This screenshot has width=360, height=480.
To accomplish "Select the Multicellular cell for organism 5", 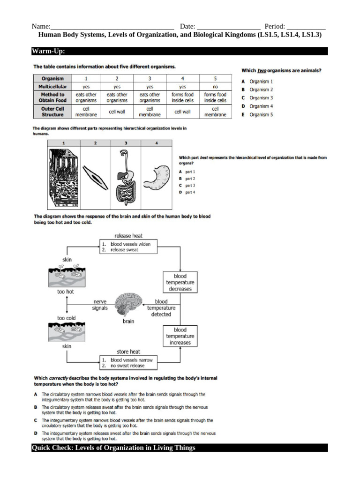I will click(215, 87).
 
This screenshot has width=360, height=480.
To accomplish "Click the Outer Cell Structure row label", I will click(52, 111).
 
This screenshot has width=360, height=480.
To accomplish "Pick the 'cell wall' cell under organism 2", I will click(117, 112).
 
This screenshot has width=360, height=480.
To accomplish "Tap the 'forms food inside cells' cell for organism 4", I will click(182, 97).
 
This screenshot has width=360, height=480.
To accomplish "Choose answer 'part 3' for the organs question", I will click(190, 186).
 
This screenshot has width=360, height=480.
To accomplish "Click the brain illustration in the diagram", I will click(129, 304).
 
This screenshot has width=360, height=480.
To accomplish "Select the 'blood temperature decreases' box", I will click(180, 283).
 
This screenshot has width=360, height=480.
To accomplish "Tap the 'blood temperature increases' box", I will click(180, 336).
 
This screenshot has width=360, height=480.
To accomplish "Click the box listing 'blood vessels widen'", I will click(128, 247).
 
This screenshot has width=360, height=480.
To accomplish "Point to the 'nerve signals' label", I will click(100, 305).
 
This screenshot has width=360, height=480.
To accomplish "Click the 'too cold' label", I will click(66, 318).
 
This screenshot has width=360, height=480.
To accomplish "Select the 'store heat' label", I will click(128, 352).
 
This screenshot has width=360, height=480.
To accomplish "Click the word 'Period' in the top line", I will click(274, 26).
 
